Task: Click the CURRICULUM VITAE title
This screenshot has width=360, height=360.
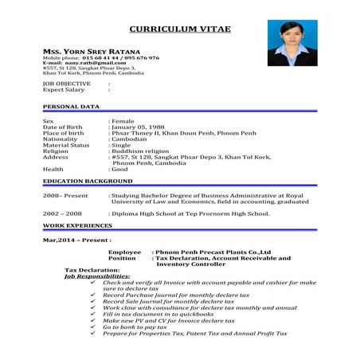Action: click(179, 29)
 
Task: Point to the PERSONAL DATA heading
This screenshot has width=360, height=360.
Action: click(71, 106)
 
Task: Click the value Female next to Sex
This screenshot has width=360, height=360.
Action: click(123, 120)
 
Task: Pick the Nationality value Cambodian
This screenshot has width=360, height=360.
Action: click(131, 139)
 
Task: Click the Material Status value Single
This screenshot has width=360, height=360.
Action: click(122, 145)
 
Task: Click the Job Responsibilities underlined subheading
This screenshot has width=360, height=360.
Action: click(97, 276)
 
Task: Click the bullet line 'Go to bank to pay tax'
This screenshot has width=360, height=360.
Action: click(135, 327)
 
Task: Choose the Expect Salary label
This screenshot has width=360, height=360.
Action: click(63, 89)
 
